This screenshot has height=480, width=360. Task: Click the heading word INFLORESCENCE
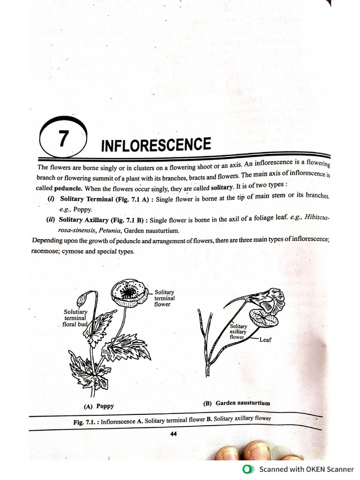point(156,144)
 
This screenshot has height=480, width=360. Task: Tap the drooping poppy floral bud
point(82,299)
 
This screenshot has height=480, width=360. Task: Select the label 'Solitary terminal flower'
point(165,298)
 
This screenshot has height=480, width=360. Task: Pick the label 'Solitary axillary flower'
point(238,331)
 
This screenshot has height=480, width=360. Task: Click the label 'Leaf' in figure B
point(265,339)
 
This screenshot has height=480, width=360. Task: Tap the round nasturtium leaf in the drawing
point(263,318)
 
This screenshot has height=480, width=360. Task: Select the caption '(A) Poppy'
point(98,406)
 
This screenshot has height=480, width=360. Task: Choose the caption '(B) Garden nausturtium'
point(236,403)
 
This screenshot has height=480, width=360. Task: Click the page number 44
point(173,434)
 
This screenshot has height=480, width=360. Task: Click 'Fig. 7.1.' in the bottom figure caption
point(86,422)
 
